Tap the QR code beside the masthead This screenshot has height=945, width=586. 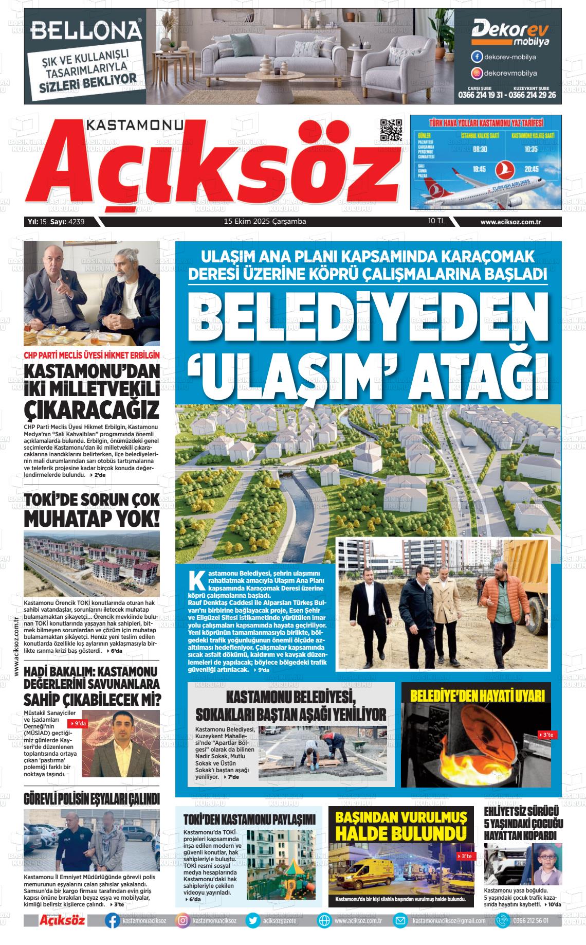[x=391, y=130]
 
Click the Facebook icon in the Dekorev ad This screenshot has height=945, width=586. [x=477, y=57]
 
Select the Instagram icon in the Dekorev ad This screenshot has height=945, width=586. [x=477, y=73]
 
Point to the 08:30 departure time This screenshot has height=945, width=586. [x=480, y=149]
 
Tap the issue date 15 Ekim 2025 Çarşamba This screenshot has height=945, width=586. [x=265, y=222]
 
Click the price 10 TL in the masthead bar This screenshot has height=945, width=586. [x=436, y=221]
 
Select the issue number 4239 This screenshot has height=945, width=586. [x=76, y=222]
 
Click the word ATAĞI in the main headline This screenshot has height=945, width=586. [x=475, y=377]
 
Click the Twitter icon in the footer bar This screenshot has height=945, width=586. [x=252, y=920]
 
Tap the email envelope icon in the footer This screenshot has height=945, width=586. [x=400, y=920]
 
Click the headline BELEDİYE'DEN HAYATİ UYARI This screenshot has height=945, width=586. [x=477, y=696]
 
